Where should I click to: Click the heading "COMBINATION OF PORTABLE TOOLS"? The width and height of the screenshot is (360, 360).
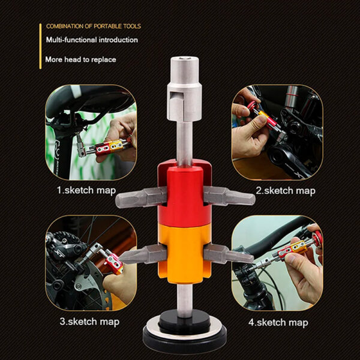(x=94, y=26)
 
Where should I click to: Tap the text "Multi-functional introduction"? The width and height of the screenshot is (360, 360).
(x=92, y=40)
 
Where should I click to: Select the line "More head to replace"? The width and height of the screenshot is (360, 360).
(x=80, y=59)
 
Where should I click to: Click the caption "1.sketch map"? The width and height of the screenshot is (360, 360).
(x=86, y=191)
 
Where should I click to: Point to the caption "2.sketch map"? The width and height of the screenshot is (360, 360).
(x=286, y=191)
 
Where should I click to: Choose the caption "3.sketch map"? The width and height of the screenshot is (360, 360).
(x=89, y=322)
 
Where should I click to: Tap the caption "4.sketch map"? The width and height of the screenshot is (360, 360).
(x=278, y=322)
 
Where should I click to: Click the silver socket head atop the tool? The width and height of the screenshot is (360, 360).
(x=184, y=89)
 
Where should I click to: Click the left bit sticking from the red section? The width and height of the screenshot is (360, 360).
(x=141, y=197)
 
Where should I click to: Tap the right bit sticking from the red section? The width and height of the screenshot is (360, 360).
(x=229, y=196)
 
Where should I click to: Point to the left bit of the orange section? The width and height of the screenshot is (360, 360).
(x=143, y=254)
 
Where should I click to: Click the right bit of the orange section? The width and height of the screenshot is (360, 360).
(x=229, y=254)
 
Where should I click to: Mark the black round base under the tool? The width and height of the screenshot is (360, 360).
(x=185, y=333)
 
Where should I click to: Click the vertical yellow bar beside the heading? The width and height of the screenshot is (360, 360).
(x=40, y=46)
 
